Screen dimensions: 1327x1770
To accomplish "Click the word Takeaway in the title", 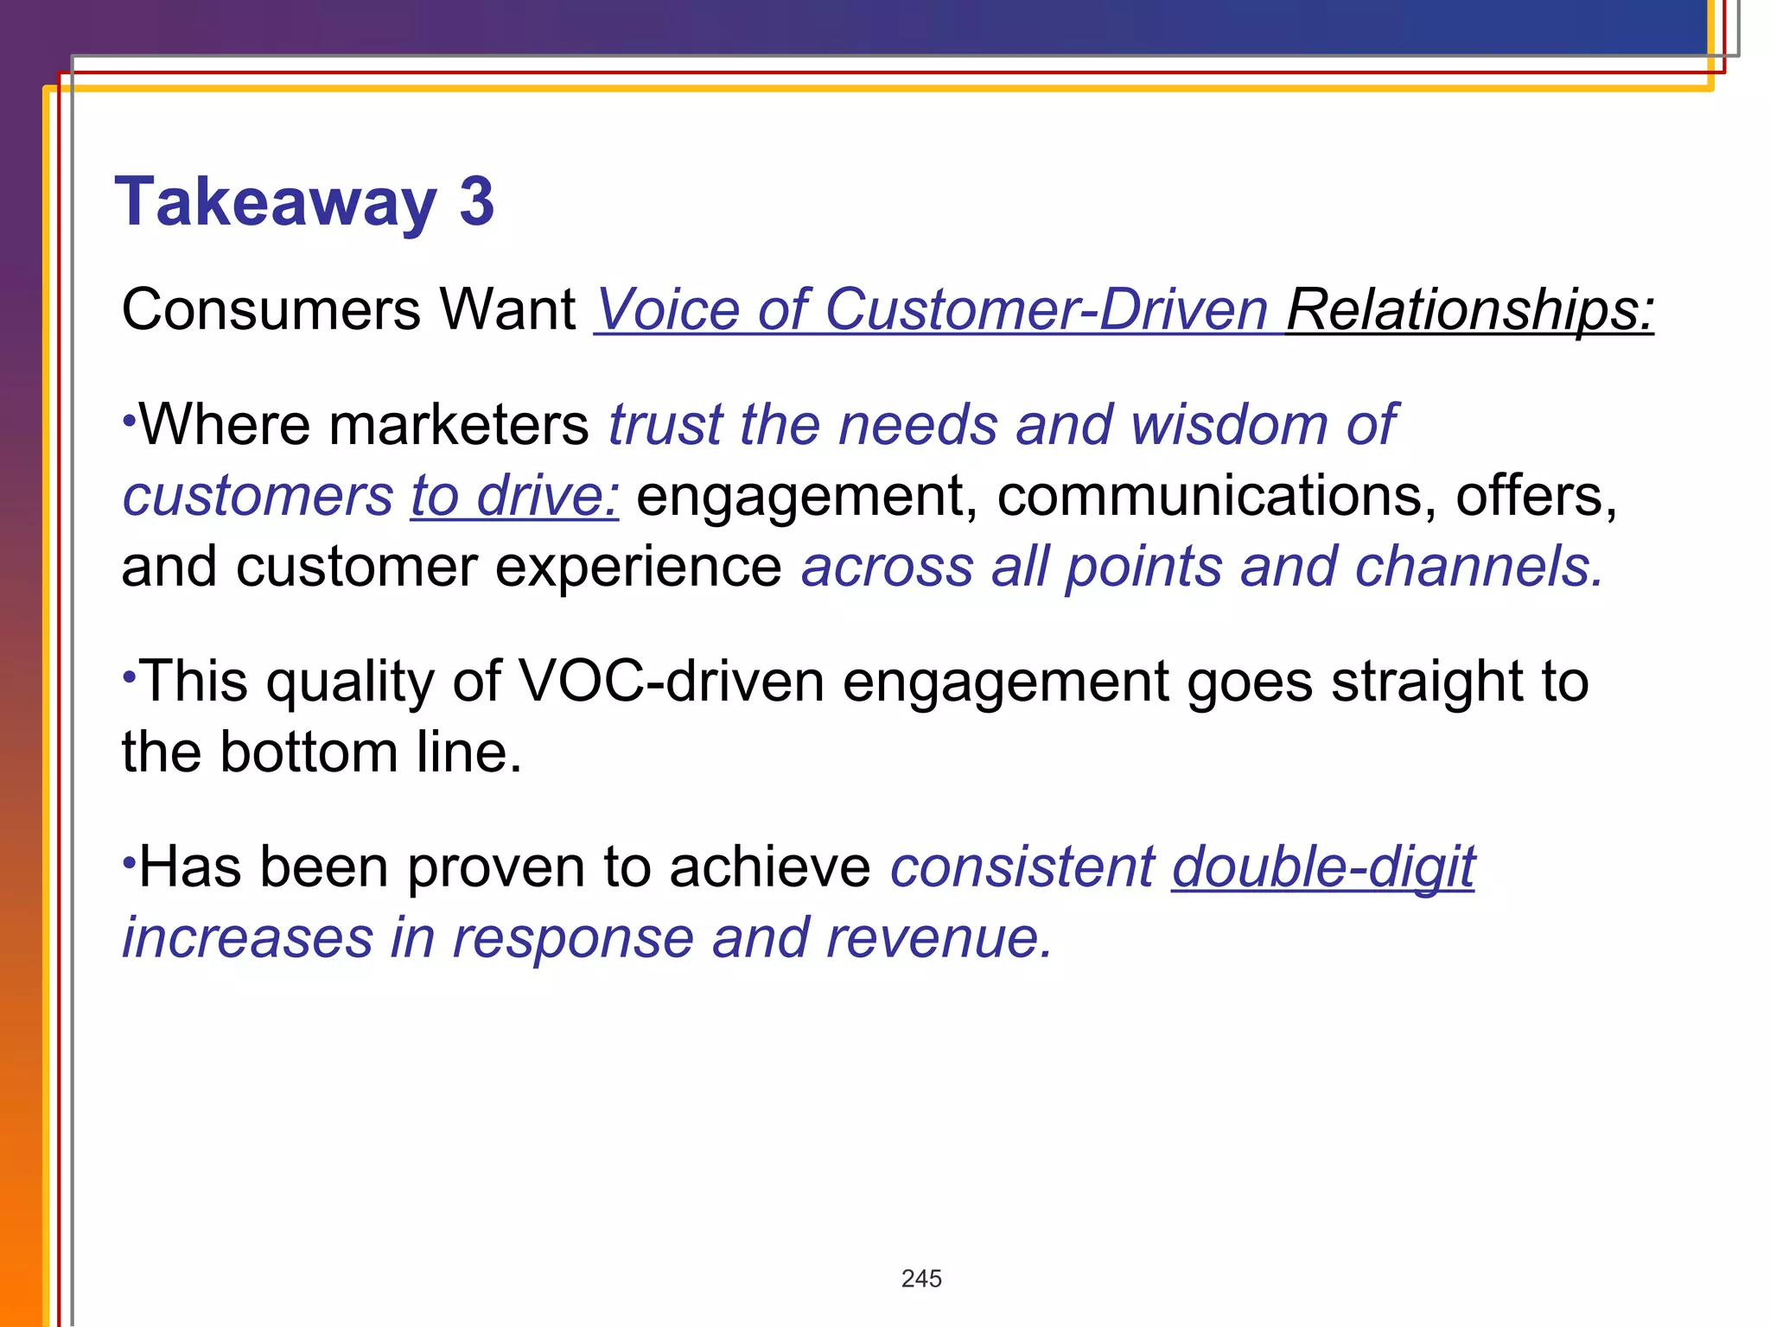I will tap(275, 203).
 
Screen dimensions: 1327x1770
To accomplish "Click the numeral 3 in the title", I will tap(476, 201).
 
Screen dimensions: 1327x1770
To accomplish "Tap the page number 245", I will tap(921, 1279).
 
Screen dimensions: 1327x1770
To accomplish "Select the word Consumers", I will tap(270, 309).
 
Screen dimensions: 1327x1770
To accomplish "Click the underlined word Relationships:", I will tap(1469, 309).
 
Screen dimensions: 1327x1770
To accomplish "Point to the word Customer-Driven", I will tap(1046, 309).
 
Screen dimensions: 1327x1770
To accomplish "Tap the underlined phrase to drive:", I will tap(515, 497).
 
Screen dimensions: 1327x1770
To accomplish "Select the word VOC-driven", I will tap(671, 682).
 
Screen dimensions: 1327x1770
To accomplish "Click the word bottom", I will tap(309, 752).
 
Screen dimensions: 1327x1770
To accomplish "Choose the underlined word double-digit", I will tap(1323, 867).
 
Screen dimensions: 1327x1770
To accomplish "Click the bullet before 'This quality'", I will tap(129, 673).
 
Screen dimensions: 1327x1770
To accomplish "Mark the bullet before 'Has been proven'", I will tap(129, 860).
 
